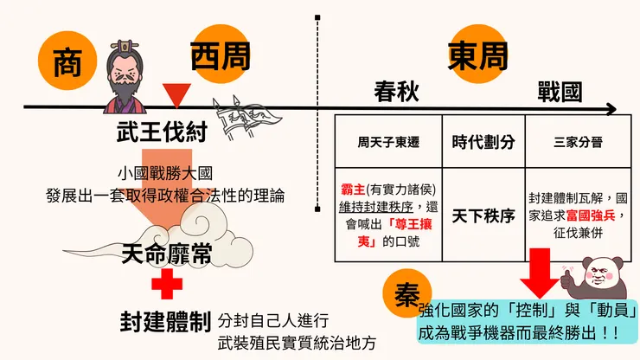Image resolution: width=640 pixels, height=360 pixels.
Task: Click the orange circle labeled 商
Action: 67,61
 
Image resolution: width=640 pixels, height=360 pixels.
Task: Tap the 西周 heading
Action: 220,56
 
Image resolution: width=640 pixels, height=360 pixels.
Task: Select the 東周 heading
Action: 477,56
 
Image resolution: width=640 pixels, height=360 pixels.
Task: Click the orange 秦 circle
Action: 407,293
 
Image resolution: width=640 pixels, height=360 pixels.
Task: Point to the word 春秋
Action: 396,92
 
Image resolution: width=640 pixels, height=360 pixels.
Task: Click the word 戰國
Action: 560,92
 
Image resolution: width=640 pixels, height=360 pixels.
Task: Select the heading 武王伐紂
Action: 162,132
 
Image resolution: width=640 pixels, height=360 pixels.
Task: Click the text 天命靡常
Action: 167,254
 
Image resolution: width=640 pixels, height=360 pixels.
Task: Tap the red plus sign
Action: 167,284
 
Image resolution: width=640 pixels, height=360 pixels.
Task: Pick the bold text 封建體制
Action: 165,322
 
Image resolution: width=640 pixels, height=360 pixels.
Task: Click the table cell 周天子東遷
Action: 388,142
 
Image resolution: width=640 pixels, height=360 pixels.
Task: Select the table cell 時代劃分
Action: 483,142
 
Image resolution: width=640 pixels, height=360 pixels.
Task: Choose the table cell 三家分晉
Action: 578,142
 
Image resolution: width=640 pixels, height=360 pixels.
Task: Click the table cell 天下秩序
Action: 483,215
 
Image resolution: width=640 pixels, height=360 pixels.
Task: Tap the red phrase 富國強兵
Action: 591,215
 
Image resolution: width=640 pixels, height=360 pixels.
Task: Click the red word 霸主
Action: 353,190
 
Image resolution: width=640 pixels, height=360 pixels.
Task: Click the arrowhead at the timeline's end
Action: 611,109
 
